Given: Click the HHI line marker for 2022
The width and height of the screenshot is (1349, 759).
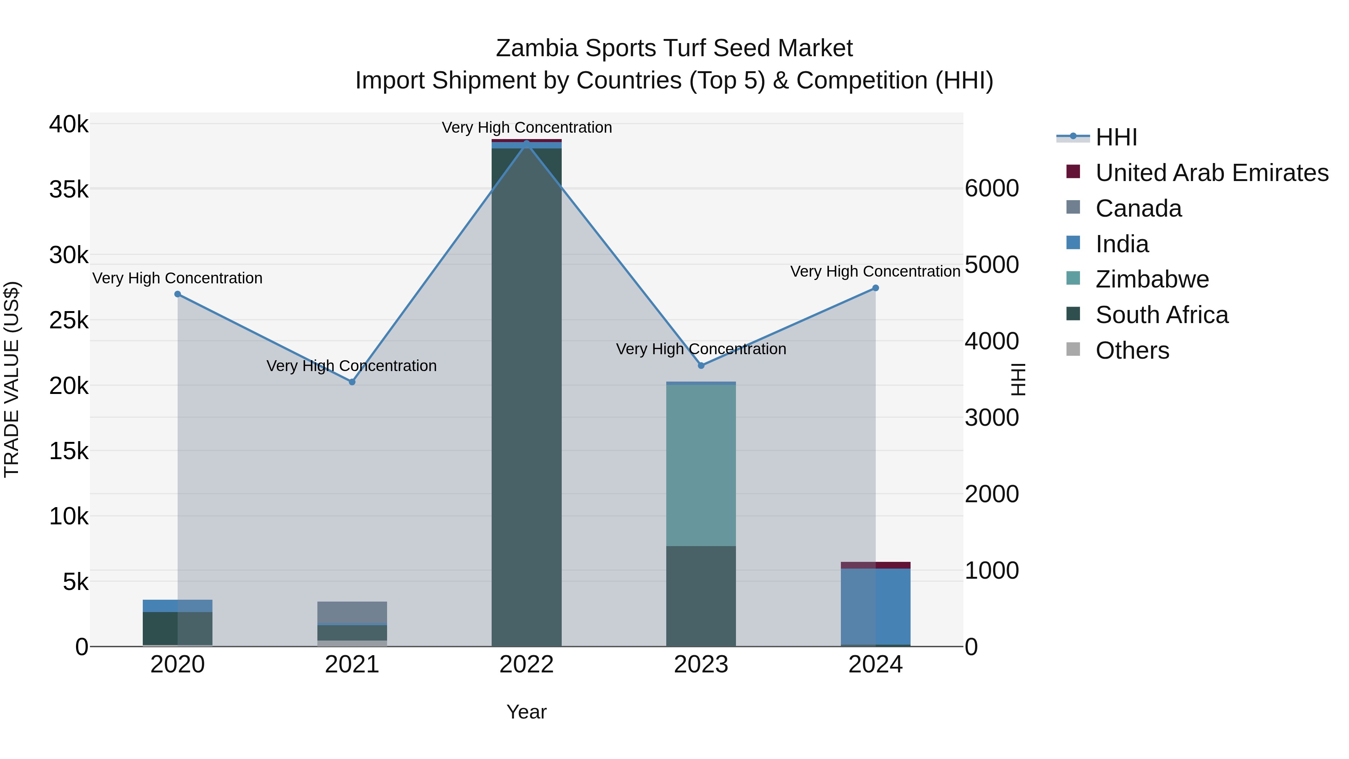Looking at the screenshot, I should tap(526, 143).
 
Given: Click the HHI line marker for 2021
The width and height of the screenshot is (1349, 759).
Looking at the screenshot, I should tap(352, 382).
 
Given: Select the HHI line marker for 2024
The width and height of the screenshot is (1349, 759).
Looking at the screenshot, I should tap(875, 288).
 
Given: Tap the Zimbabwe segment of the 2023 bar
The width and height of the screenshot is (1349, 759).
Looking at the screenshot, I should tap(701, 465).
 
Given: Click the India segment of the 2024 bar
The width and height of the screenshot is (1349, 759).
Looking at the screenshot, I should tap(875, 606).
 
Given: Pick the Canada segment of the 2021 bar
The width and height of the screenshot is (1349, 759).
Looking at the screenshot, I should tap(352, 612).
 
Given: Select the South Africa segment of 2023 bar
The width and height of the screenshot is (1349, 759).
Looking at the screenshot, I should tap(701, 596).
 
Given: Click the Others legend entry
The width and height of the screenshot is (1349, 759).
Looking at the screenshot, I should tap(1132, 350).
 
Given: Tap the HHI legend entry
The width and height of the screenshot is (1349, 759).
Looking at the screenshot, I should tap(1116, 137).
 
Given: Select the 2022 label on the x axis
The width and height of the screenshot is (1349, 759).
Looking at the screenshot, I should tap(526, 665).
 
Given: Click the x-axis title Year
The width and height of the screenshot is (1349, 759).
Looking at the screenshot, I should tap(526, 712).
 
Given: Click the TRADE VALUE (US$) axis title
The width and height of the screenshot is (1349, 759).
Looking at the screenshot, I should tap(12, 379).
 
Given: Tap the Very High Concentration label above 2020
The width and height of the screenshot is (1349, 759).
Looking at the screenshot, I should tap(178, 278).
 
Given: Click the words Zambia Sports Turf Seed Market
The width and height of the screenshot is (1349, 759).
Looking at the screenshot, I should tap(674, 48).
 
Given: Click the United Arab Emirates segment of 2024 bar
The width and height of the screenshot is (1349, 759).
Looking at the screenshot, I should tap(875, 565).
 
